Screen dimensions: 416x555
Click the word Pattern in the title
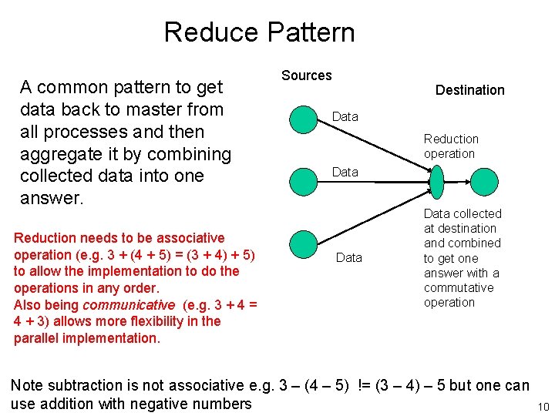[x=310, y=32]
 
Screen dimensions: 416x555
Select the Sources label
[x=306, y=75]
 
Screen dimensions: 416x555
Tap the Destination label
[x=469, y=90]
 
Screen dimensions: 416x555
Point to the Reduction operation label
[x=451, y=146]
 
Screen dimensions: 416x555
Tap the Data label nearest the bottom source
[x=349, y=257]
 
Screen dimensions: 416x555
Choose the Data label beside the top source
[x=345, y=116]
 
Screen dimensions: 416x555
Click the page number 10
[x=542, y=406]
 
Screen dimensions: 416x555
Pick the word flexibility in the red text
[x=150, y=321]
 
